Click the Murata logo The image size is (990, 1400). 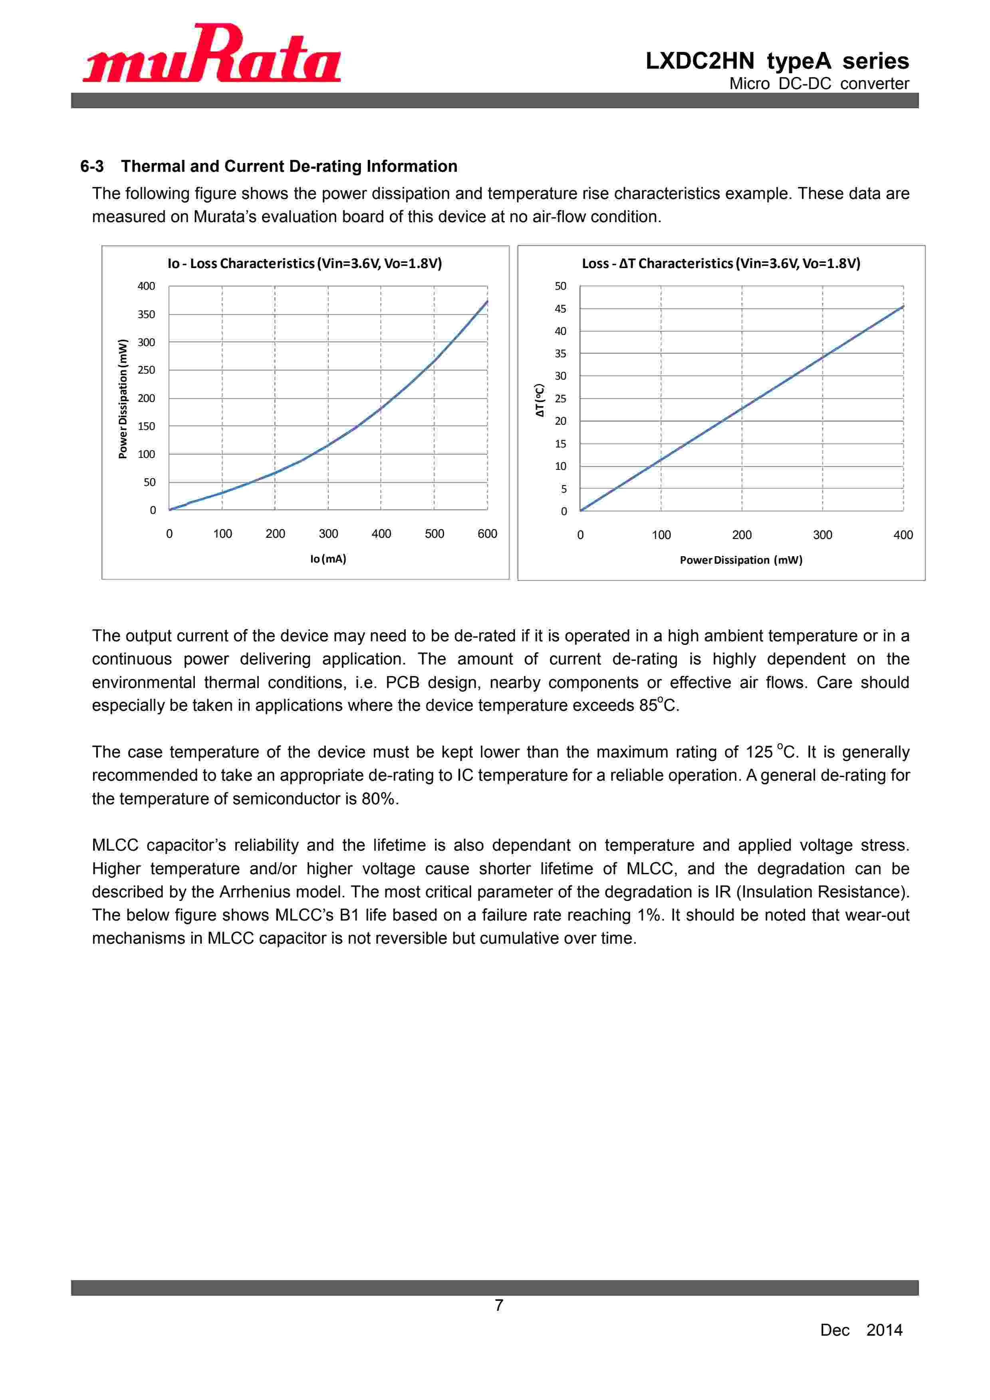coord(212,54)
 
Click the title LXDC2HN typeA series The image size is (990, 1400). coord(777,61)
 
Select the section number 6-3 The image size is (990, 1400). coord(92,167)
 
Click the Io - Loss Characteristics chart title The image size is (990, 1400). coord(305,263)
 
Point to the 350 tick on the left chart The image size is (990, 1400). coord(146,314)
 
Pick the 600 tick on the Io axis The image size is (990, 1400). coord(487,534)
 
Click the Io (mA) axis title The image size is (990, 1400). coord(328,559)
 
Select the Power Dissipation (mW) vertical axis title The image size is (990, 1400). coord(123,399)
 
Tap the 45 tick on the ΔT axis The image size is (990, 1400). coord(560,309)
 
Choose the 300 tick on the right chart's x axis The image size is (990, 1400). coord(822,535)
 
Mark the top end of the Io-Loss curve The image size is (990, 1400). coord(487,301)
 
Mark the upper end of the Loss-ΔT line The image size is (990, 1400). coord(903,307)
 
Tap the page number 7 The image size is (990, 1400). coord(499,1305)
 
